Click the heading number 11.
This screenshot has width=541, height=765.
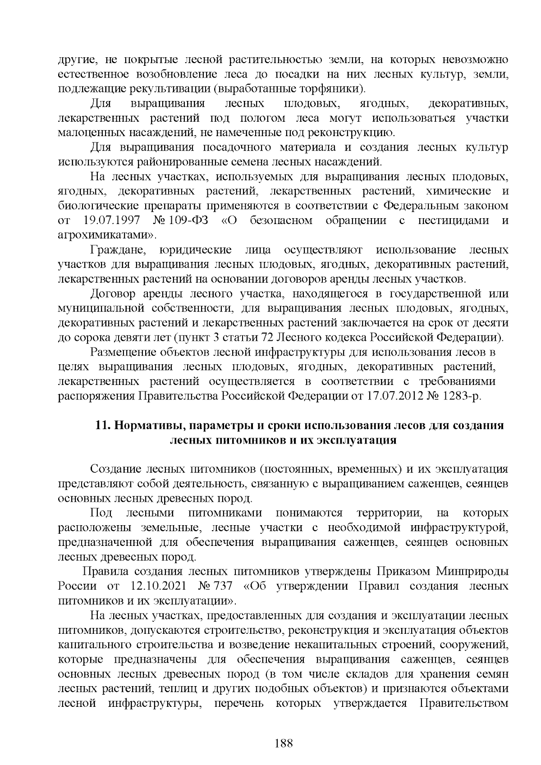pos(103,426)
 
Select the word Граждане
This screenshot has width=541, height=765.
pos(117,250)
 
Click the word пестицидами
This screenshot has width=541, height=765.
pos(453,220)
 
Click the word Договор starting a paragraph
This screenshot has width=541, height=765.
pos(113,294)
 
